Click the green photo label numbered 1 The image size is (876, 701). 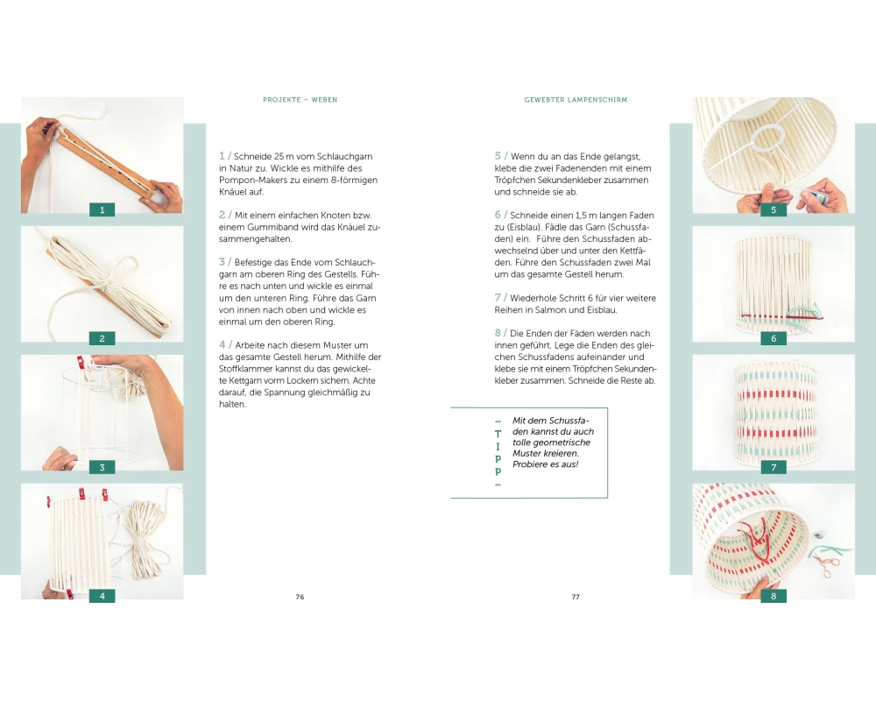click(x=102, y=210)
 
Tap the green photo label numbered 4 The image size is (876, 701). click(x=102, y=596)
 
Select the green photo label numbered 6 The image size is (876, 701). click(x=774, y=338)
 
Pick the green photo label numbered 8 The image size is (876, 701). click(x=774, y=596)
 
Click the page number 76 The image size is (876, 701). click(x=300, y=597)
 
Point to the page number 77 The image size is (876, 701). click(x=576, y=597)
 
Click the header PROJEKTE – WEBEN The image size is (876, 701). click(x=300, y=100)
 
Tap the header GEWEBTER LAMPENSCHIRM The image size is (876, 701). click(x=576, y=100)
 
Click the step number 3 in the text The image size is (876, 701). click(x=222, y=262)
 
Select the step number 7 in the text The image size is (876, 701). click(x=498, y=297)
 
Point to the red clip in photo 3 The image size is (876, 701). click(x=80, y=363)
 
